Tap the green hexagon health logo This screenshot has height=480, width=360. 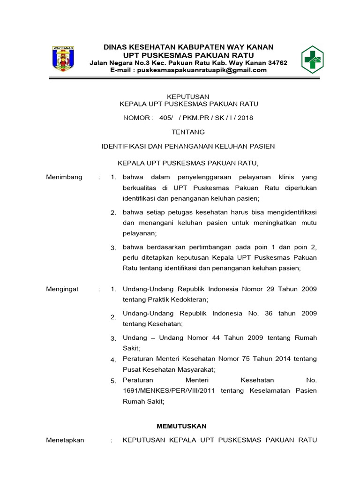312,60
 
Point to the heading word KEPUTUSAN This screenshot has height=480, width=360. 188,97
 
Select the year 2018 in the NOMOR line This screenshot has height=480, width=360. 245,118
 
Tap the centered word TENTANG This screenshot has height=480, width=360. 188,132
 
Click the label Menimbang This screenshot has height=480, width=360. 64,177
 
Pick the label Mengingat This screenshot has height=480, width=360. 62,289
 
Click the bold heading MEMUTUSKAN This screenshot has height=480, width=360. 181,426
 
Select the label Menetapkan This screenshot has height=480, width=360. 65,440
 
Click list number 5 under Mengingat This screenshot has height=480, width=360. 113,381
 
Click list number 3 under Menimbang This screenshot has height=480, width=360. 113,247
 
